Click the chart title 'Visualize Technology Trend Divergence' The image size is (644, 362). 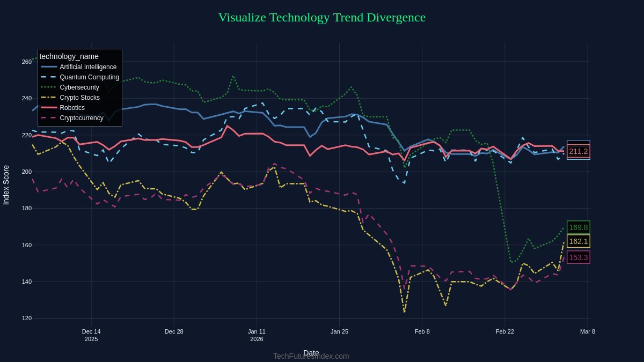321,17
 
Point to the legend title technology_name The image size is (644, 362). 69,56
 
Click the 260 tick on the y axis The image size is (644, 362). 27,62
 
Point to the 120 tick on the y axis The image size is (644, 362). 27,319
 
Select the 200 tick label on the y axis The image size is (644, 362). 27,172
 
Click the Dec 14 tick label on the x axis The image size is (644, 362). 91,331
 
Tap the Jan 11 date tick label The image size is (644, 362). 257,331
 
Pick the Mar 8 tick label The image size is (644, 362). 588,331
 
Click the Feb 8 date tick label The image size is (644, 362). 422,331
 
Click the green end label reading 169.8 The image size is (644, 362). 578,227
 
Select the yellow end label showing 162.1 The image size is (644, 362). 578,241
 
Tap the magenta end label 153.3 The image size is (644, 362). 578,257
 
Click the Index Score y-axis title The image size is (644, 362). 6,184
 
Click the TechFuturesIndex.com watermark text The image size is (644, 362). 311,356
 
